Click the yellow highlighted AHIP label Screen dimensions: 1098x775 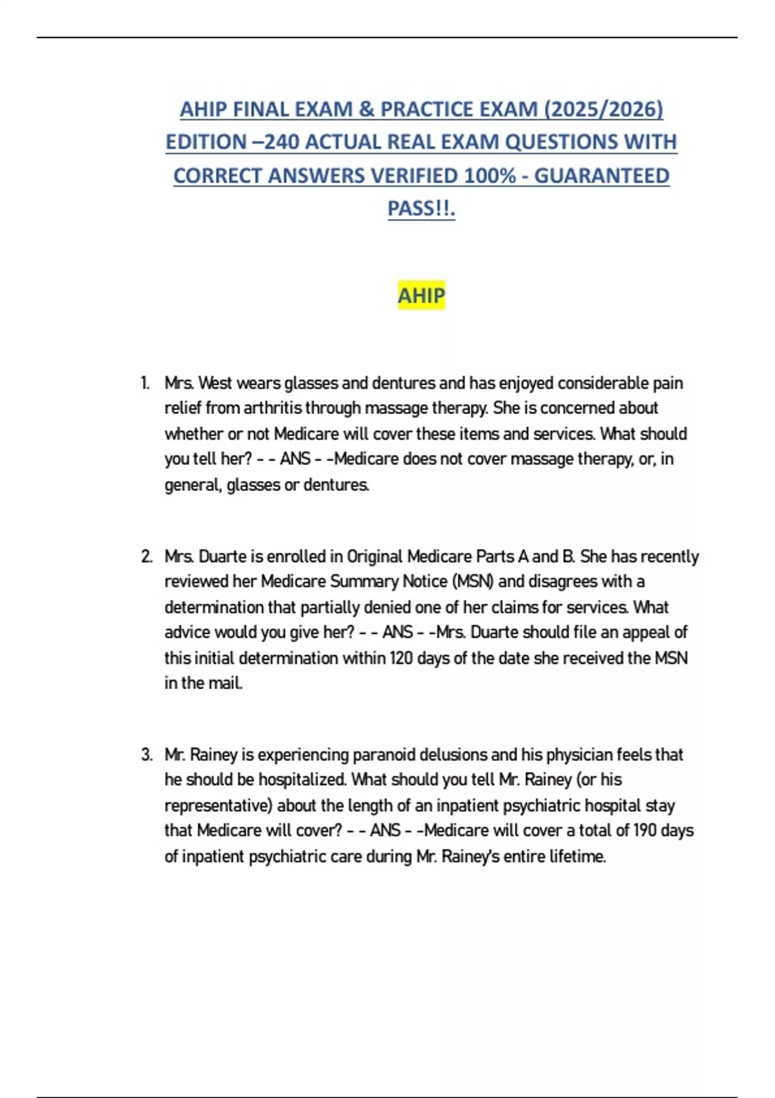click(x=421, y=296)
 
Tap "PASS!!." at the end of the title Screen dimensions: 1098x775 click(x=421, y=209)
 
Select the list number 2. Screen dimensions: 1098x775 click(x=147, y=556)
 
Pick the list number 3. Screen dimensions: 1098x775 click(x=147, y=754)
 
